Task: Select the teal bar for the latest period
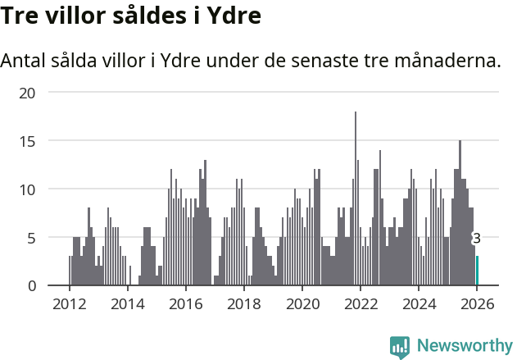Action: click(x=477, y=271)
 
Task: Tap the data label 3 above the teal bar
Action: click(x=476, y=239)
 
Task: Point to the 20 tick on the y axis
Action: click(x=28, y=93)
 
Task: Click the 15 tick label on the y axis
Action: click(x=28, y=141)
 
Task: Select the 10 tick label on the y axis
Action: click(x=28, y=189)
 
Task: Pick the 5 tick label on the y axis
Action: click(x=32, y=238)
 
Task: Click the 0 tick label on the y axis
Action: click(x=32, y=285)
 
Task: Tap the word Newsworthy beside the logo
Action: click(x=465, y=346)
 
